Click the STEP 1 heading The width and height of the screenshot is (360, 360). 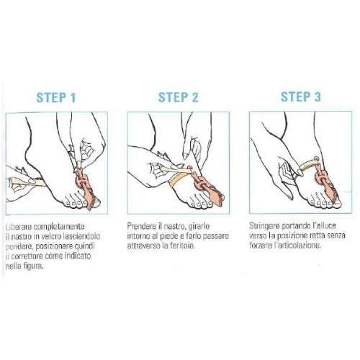pos(56,97)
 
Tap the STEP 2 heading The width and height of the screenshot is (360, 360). pos(179,97)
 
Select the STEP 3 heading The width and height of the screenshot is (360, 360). pos(301,96)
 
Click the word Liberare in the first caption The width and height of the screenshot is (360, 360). pos(19,226)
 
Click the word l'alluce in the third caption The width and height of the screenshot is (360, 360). pos(325,225)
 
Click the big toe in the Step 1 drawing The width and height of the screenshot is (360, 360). pos(95,204)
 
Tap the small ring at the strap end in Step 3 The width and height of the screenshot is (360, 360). pos(316,158)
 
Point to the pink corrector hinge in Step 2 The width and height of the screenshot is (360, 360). pos(199,184)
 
